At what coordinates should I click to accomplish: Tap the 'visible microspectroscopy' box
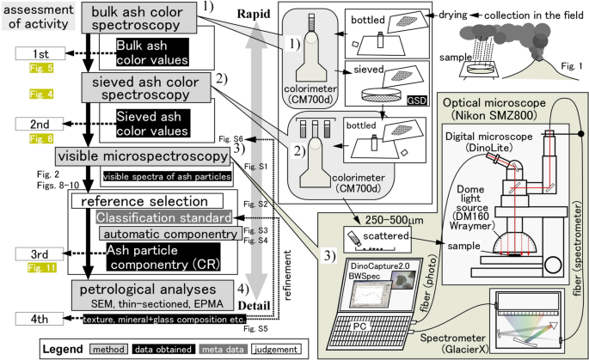140,156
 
